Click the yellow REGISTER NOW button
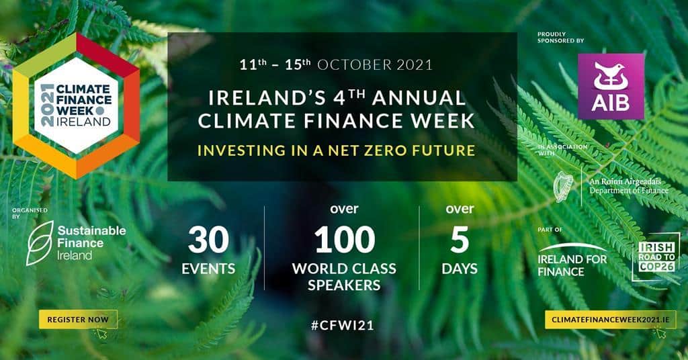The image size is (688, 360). click(x=78, y=320)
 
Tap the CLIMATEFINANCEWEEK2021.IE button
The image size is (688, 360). click(x=610, y=320)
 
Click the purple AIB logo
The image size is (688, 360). click(x=611, y=87)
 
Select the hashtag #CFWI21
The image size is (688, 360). click(x=342, y=325)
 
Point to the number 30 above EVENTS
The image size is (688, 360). click(x=208, y=239)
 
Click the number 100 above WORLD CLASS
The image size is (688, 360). click(x=345, y=239)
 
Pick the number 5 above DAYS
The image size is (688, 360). click(x=460, y=239)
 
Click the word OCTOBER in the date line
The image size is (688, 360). click(x=355, y=65)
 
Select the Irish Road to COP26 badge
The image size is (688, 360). click(x=656, y=257)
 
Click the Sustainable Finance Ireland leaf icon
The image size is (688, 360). click(x=40, y=243)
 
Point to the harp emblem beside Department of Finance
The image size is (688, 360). click(x=564, y=187)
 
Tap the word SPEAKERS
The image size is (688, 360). click(x=344, y=285)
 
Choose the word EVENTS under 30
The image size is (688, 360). click(x=208, y=269)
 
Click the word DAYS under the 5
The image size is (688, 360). click(x=460, y=269)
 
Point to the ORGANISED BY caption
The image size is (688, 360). click(x=30, y=213)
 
